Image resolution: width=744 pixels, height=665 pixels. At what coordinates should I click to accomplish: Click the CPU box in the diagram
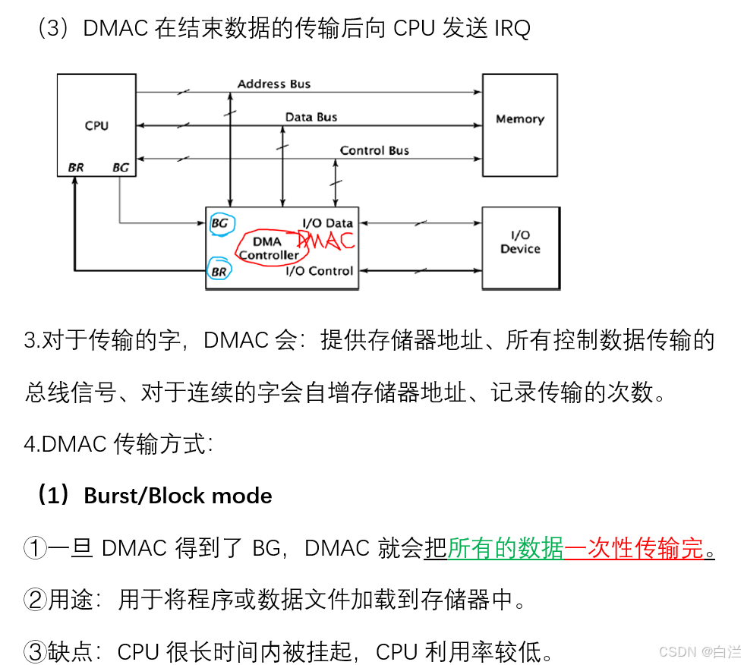pos(96,125)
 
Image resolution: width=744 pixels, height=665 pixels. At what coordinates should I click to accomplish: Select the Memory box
pos(520,119)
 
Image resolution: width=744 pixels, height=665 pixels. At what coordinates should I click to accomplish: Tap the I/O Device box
pos(520,242)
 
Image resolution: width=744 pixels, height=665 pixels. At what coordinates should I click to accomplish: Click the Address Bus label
pos(274,84)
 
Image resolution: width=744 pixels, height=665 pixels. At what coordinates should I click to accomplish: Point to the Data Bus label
pos(311,117)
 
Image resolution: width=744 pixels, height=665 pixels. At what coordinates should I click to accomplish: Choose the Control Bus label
pos(374,150)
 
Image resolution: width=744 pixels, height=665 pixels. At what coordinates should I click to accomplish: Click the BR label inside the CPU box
pos(76,167)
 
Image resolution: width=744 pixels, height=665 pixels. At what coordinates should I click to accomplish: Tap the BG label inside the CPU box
pos(120,167)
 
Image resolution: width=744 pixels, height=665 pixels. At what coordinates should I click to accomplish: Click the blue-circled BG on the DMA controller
pos(219,223)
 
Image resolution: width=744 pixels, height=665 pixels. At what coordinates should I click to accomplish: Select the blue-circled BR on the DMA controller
pos(219,270)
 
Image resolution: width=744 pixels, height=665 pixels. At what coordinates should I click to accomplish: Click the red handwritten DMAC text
pos(326,241)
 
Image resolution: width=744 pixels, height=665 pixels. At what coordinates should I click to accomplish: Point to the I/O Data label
pos(327,223)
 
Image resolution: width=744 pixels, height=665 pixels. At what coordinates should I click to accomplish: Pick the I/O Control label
pos(319,271)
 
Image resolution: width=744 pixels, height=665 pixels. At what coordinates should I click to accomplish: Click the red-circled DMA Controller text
pos(267,248)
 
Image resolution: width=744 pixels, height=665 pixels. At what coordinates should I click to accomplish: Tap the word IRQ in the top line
pos(512,29)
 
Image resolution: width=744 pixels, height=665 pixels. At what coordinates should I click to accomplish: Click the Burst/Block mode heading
pos(178,496)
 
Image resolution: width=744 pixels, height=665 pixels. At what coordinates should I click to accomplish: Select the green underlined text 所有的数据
pos(506,547)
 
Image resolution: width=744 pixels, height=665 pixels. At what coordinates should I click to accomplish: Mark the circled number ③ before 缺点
pos(35,651)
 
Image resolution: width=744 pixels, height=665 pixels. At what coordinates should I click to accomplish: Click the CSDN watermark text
pos(678,651)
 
